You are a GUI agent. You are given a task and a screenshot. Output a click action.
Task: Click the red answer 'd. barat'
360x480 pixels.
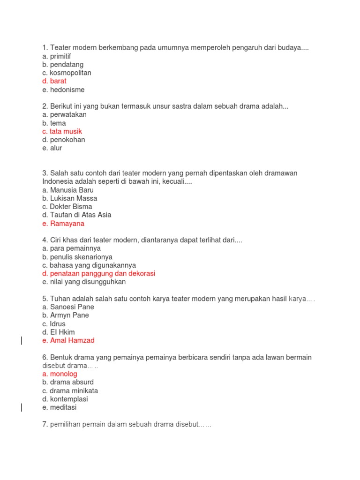click(54, 81)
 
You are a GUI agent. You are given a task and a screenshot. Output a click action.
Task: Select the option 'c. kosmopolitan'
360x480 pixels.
click(67, 73)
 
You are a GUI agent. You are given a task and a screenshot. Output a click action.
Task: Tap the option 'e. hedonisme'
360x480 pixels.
click(63, 90)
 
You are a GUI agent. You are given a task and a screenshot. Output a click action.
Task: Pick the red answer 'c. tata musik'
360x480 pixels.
click(62, 131)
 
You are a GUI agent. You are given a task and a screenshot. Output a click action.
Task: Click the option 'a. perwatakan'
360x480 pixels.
click(64, 114)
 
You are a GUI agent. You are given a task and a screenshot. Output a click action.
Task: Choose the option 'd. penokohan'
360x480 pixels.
click(64, 140)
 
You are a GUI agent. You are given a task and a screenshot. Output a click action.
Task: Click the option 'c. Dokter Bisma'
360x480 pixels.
click(67, 207)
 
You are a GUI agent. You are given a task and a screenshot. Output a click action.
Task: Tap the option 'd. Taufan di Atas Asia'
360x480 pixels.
click(76, 215)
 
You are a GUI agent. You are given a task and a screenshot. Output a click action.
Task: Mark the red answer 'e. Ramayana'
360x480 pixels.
click(63, 224)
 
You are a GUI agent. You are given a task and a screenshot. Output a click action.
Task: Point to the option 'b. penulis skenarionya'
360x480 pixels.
click(77, 257)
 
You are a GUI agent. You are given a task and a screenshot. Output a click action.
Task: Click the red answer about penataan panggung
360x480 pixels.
click(98, 273)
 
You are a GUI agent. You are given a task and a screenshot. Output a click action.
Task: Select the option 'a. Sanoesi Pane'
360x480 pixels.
click(68, 307)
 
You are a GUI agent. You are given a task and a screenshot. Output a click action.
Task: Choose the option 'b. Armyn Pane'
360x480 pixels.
click(65, 315)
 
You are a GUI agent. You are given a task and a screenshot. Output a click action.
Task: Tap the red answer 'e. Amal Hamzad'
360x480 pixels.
click(68, 340)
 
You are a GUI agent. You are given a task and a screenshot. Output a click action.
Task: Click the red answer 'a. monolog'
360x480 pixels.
click(60, 374)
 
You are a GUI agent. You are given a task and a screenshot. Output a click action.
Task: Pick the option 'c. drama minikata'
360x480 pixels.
click(70, 391)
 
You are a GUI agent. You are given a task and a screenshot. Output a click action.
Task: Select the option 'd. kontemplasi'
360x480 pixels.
click(65, 399)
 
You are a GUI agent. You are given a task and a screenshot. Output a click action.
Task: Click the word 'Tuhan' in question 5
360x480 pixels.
click(60, 299)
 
